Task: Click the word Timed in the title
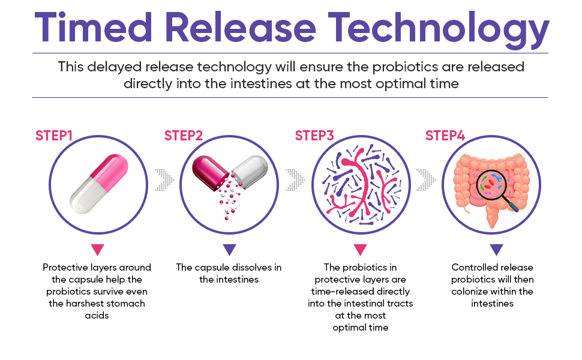tap(93, 27)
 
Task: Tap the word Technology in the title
tap(438, 29)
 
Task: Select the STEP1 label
tap(54, 136)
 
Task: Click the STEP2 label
tap(184, 136)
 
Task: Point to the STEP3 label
tap(314, 136)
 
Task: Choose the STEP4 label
tap(445, 136)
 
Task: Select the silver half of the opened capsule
tap(250, 172)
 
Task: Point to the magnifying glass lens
tap(491, 184)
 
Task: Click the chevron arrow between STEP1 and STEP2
tap(164, 180)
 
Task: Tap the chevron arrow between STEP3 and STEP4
tap(426, 180)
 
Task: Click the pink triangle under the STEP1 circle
tap(98, 250)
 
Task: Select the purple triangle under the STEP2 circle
tap(229, 250)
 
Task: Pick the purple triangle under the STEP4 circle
tap(496, 250)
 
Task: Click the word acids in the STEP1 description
tap(97, 316)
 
